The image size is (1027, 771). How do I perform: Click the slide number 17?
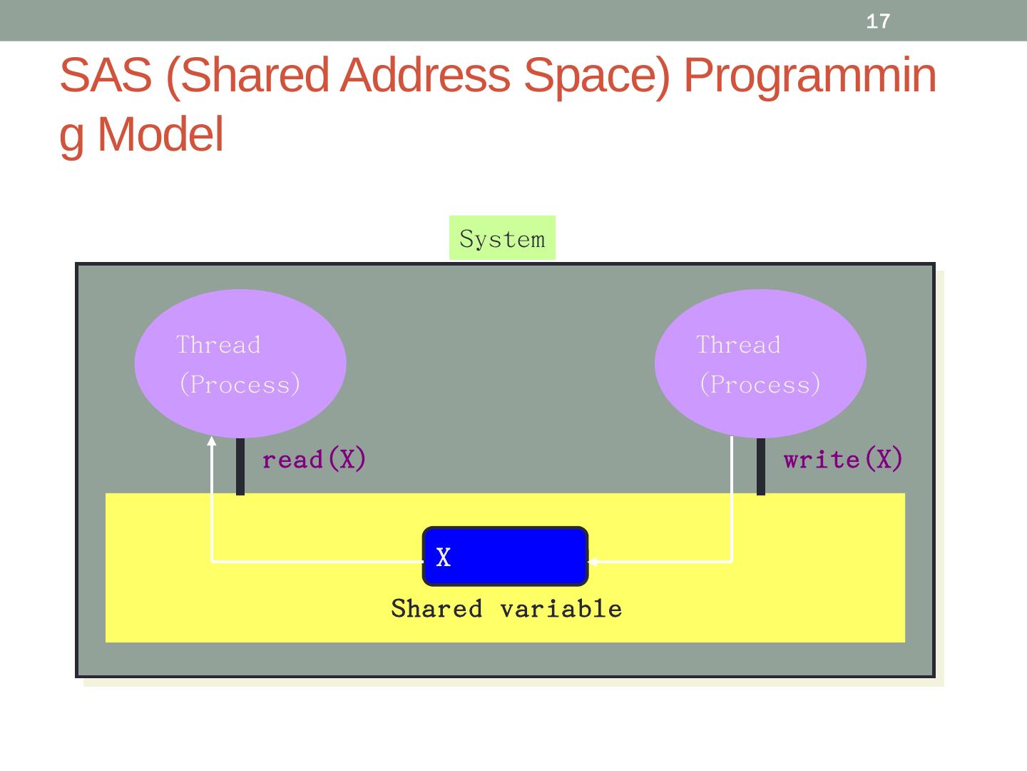click(x=878, y=21)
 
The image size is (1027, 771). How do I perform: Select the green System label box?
click(x=502, y=238)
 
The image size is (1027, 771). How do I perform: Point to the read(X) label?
click(x=314, y=459)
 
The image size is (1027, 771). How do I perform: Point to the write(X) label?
click(x=843, y=459)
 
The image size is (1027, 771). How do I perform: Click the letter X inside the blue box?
click(x=443, y=557)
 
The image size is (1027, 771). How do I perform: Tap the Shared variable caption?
click(x=506, y=609)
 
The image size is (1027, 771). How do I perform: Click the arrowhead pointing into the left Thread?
click(x=212, y=441)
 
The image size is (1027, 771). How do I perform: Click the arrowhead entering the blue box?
click(x=593, y=561)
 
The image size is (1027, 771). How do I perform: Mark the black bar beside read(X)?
click(x=240, y=466)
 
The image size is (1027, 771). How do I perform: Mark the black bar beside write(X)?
click(x=761, y=466)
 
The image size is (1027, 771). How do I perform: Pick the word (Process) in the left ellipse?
click(x=240, y=385)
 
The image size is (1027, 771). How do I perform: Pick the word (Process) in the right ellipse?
click(x=760, y=385)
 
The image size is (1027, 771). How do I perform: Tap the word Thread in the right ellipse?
click(x=738, y=345)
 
